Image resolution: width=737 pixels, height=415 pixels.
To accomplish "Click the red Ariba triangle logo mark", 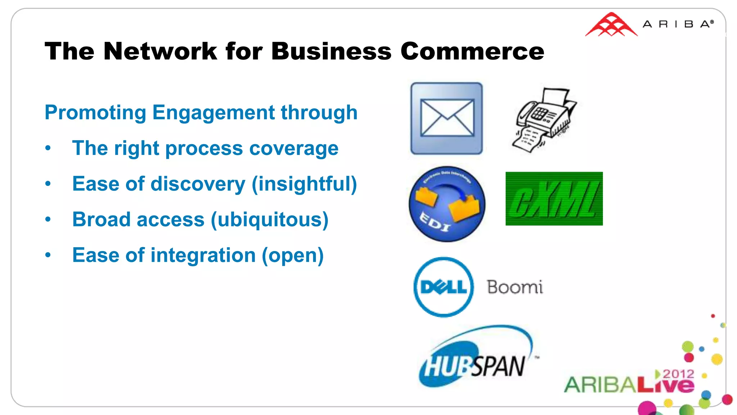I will (x=611, y=25).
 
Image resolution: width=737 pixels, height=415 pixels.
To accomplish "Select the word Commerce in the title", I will (x=472, y=51).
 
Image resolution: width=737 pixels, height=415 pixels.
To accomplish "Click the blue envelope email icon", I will (x=447, y=118).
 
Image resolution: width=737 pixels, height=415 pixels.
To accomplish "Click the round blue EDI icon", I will (x=447, y=204).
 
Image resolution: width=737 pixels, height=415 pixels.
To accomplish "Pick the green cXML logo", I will (x=554, y=198).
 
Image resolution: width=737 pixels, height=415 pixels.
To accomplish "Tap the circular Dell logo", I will (x=443, y=287).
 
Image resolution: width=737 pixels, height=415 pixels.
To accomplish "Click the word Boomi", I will (x=515, y=287).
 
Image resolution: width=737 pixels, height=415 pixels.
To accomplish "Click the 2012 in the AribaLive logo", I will (x=678, y=374).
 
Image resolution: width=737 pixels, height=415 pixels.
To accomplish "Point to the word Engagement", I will (x=214, y=113).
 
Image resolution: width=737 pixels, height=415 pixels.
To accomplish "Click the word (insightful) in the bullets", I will (x=304, y=184).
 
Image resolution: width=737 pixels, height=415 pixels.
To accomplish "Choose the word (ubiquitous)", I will (x=270, y=220).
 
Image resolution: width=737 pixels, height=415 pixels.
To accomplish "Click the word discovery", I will (x=198, y=184).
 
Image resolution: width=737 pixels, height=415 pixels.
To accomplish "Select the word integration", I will (x=203, y=255).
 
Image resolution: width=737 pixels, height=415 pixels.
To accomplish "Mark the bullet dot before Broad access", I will (x=48, y=219).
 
